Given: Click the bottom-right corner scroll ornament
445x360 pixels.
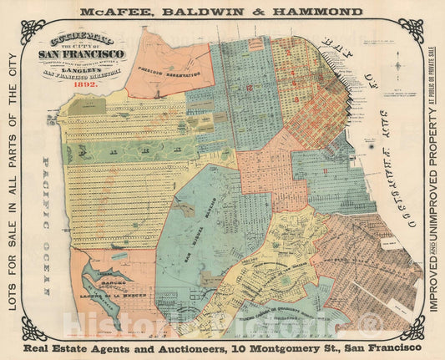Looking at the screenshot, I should (411, 327).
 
